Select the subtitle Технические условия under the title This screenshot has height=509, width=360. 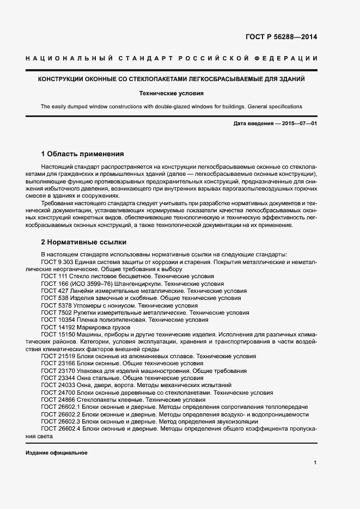pos(171,93)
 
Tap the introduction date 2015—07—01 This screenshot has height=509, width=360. pos(297,124)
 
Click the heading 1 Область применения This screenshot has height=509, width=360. pos(82,154)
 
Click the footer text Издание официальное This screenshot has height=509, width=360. pos(56,453)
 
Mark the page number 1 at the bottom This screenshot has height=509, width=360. pos(315,463)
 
